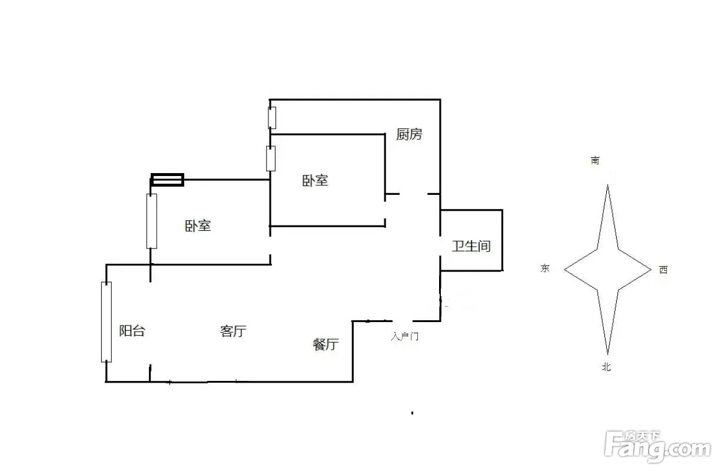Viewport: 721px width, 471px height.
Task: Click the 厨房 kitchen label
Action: tap(409, 135)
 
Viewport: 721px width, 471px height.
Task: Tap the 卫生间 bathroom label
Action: tap(471, 246)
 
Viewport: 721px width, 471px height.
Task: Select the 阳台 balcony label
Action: tap(132, 331)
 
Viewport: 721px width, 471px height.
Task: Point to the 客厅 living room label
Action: tap(232, 331)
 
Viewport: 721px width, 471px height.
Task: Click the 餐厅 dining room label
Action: tap(325, 344)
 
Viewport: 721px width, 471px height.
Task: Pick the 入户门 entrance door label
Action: tap(405, 337)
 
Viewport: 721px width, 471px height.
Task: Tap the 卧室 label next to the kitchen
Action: tap(315, 181)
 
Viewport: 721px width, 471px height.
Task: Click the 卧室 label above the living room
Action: tap(198, 226)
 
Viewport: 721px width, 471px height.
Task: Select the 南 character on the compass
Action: tap(596, 160)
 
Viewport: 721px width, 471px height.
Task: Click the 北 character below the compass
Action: tap(606, 367)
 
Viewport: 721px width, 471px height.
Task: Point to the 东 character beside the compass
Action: tap(545, 268)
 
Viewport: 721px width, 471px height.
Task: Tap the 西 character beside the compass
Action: tap(663, 270)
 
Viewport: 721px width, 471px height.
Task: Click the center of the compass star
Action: tap(608, 270)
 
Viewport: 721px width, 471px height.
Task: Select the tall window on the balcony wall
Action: tap(106, 322)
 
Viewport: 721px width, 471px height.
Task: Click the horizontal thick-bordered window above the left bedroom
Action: tap(168, 180)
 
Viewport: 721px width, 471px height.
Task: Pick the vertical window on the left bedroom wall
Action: tap(152, 221)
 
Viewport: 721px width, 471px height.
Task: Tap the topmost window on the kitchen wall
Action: tap(272, 118)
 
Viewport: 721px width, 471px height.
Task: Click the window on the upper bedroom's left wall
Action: tap(271, 158)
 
